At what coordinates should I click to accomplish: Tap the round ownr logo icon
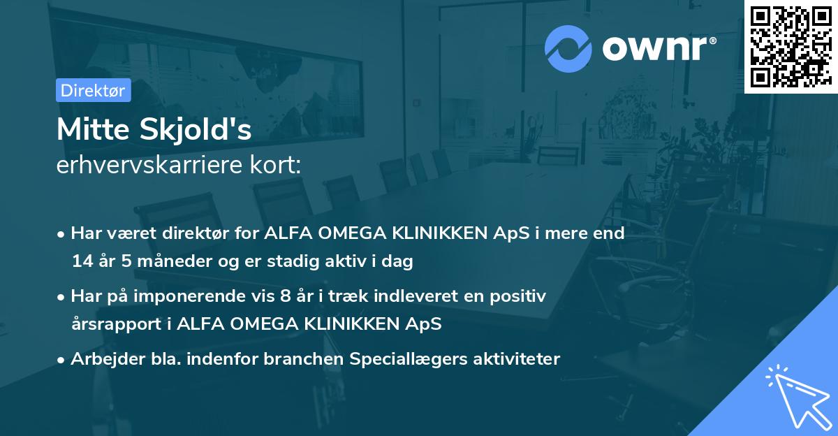[568, 48]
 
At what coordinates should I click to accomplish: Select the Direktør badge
[93, 90]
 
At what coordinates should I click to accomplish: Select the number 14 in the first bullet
[82, 261]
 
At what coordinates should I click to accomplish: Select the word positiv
[520, 296]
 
